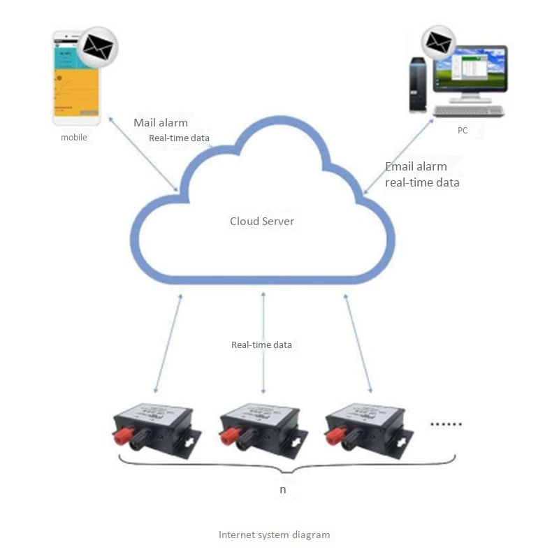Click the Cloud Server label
(262, 222)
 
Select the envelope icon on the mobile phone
(97, 47)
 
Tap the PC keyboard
(468, 111)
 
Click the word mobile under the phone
(74, 138)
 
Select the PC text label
(463, 131)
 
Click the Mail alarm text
(161, 123)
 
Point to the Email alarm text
(416, 167)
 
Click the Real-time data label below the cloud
(262, 345)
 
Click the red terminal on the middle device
(228, 437)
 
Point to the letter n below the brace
(282, 490)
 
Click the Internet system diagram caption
(274, 535)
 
